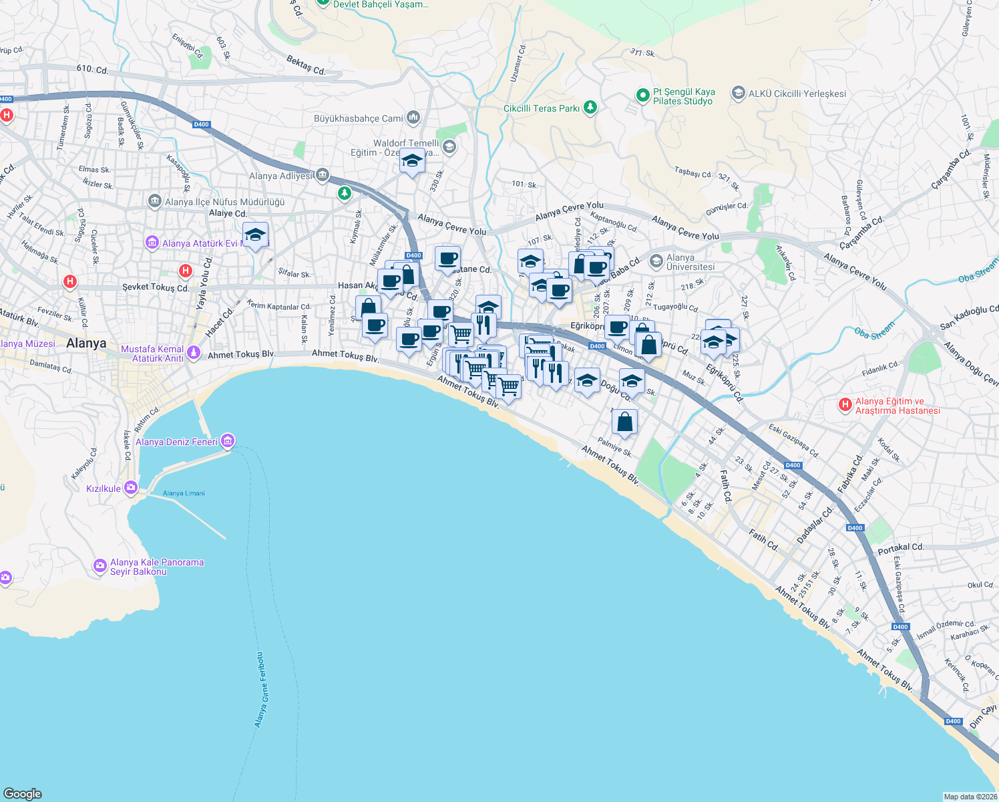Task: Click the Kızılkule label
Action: pyautogui.click(x=104, y=489)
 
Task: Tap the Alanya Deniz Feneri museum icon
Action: pyautogui.click(x=228, y=441)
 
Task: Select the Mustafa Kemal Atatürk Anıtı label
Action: pyautogui.click(x=152, y=354)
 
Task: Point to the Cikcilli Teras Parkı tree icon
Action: pyautogui.click(x=590, y=108)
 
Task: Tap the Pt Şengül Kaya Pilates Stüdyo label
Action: pyautogui.click(x=684, y=97)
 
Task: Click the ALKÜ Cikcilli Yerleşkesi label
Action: pyautogui.click(x=797, y=94)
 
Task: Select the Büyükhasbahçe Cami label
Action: pyautogui.click(x=359, y=118)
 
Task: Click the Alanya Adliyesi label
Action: pyautogui.click(x=280, y=176)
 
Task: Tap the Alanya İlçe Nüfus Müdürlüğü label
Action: pyautogui.click(x=224, y=202)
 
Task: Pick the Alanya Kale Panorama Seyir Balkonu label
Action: pyautogui.click(x=157, y=567)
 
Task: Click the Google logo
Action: pyautogui.click(x=23, y=793)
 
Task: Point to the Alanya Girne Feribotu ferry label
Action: pyautogui.click(x=260, y=690)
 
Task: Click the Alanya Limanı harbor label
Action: pyautogui.click(x=184, y=493)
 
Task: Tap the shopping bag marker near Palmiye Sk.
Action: pyautogui.click(x=624, y=422)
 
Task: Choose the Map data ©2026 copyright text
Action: pyautogui.click(x=970, y=796)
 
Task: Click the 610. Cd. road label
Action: pyautogui.click(x=92, y=70)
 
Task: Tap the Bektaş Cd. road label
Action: pyautogui.click(x=306, y=65)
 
